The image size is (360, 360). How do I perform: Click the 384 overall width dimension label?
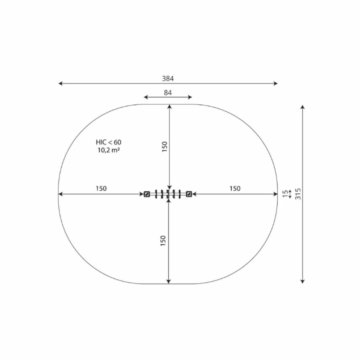pyautogui.click(x=168, y=78)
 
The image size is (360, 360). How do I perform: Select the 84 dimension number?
pyautogui.click(x=168, y=92)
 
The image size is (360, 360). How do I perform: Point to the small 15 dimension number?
pyautogui.click(x=285, y=194)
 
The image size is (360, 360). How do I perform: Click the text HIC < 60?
pyautogui.click(x=108, y=142)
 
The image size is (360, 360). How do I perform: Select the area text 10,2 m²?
pyautogui.click(x=108, y=150)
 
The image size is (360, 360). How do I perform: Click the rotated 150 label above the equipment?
pyautogui.click(x=165, y=147)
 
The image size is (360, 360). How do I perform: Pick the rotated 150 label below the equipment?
pyautogui.click(x=163, y=241)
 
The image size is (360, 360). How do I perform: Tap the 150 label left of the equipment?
pyautogui.click(x=101, y=188)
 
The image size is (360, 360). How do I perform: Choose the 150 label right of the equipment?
pyautogui.click(x=235, y=188)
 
